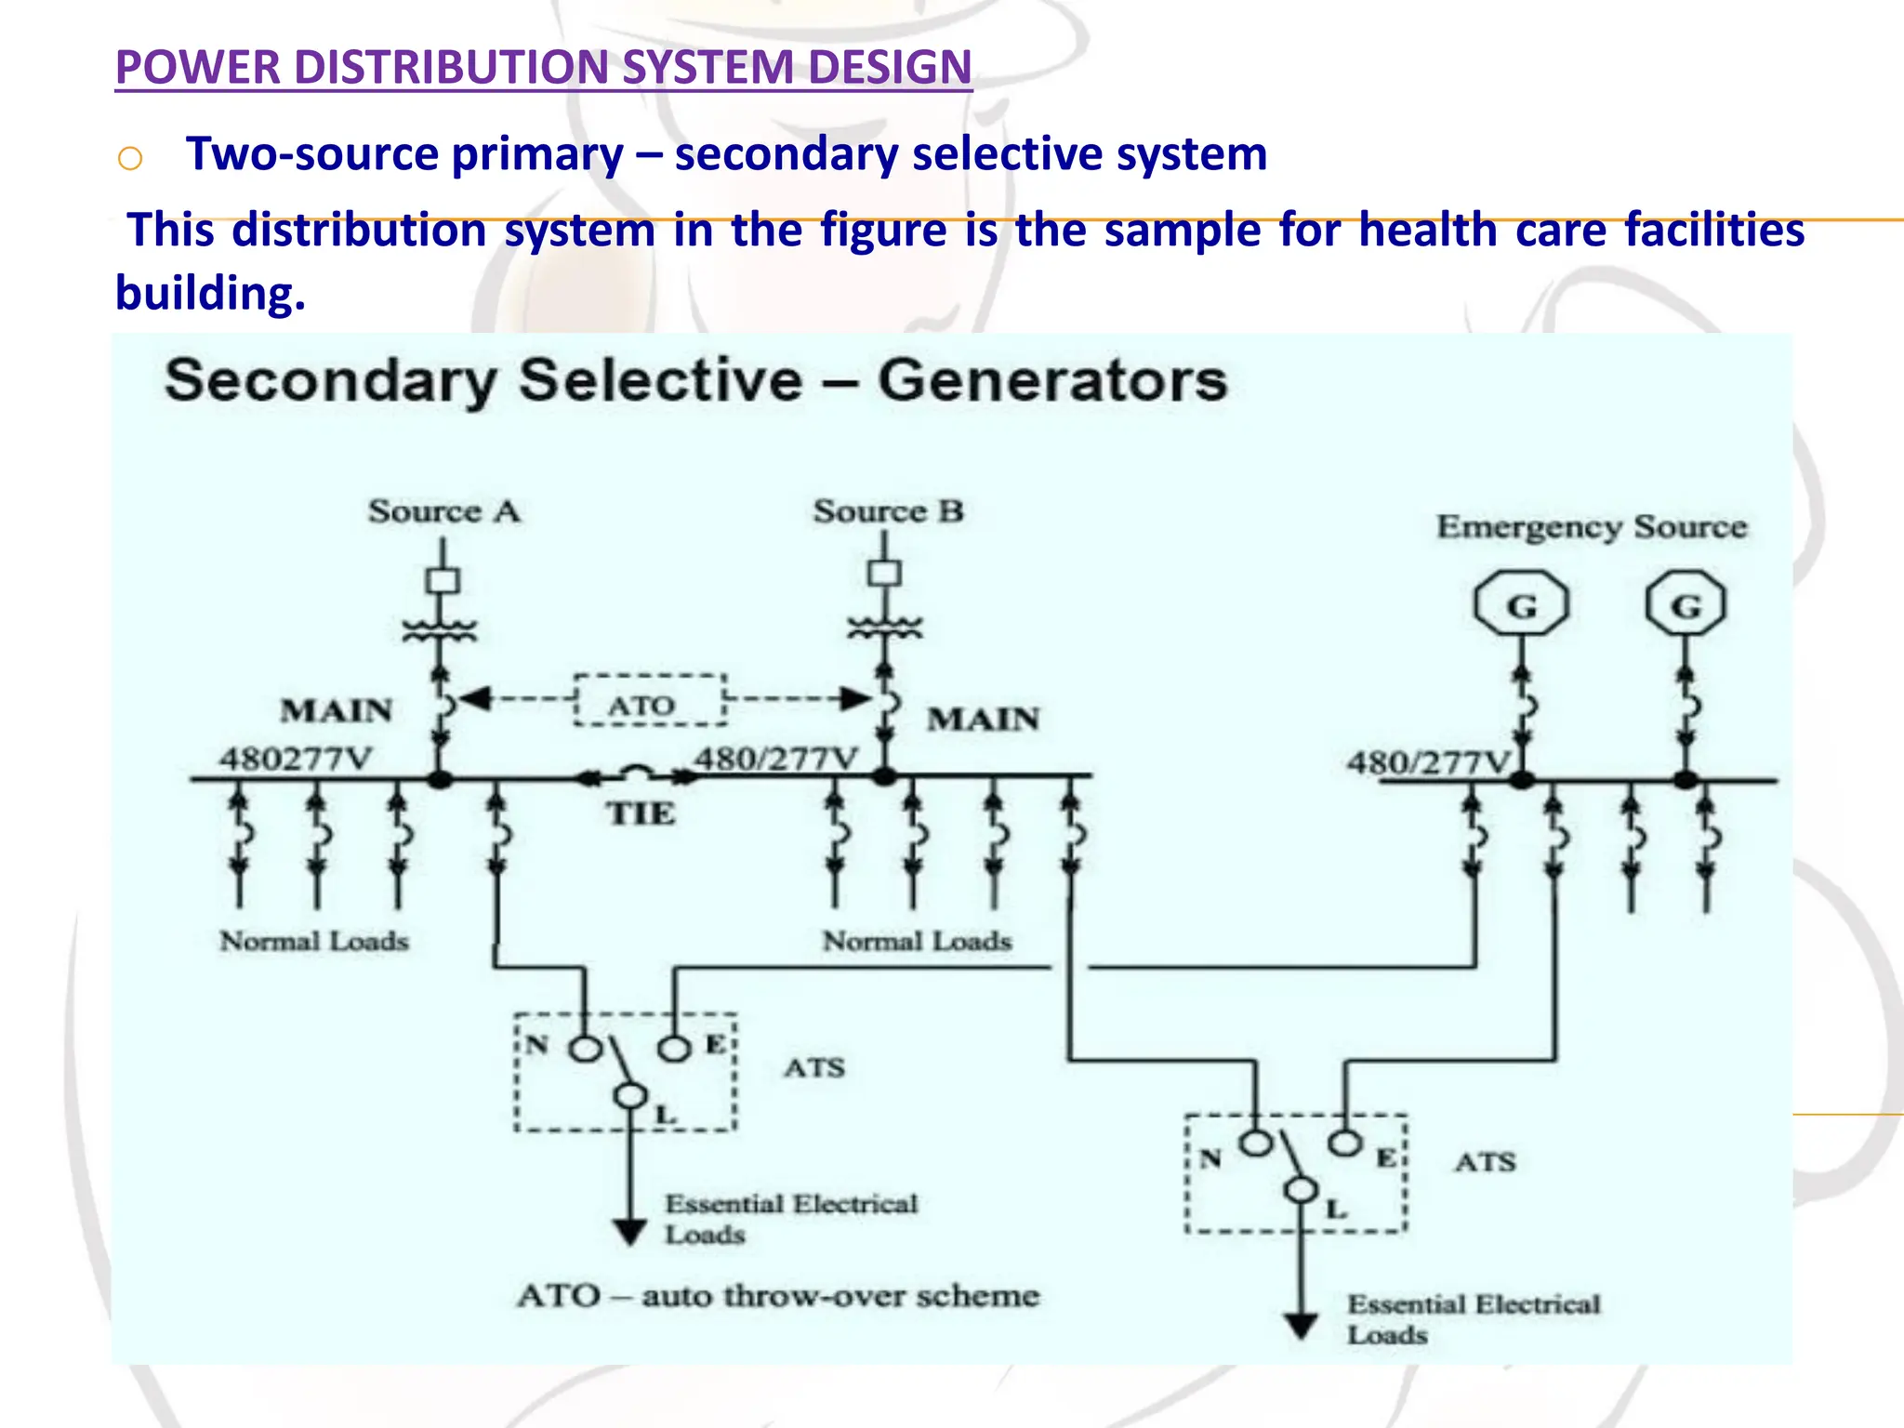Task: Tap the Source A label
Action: click(x=443, y=511)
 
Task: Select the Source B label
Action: click(x=888, y=511)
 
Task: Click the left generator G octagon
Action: click(x=1521, y=605)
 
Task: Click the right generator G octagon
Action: click(x=1686, y=605)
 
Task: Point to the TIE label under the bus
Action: click(x=641, y=814)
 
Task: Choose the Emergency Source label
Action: click(x=1592, y=527)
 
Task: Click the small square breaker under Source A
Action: click(x=443, y=581)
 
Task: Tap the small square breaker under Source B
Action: click(x=884, y=573)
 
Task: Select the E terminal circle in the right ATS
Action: click(x=1344, y=1143)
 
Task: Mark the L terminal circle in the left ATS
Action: click(x=630, y=1096)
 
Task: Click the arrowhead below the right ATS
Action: click(x=1301, y=1325)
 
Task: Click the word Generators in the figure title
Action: click(x=1052, y=381)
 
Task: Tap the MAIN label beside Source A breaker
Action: click(x=337, y=711)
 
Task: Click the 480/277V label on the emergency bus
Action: click(x=1430, y=763)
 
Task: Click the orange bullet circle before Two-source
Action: click(x=130, y=159)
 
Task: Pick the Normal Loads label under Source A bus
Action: click(x=314, y=942)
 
